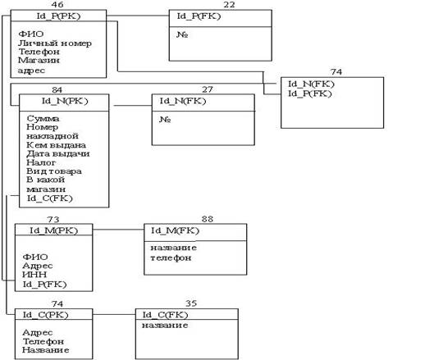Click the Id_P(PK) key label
58,16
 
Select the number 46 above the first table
57,4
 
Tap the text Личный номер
55,43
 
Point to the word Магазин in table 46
39,60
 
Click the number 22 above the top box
229,4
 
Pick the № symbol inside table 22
182,34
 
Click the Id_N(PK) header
65,101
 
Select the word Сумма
43,118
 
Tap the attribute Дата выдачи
58,153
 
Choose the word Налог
41,162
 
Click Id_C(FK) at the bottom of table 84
49,198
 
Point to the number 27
208,89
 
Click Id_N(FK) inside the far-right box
311,84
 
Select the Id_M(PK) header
53,230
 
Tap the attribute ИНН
34,274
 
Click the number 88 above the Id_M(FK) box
208,219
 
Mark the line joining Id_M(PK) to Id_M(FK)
118,230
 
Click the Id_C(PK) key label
45,315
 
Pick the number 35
191,303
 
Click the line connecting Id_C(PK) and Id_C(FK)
114,314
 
